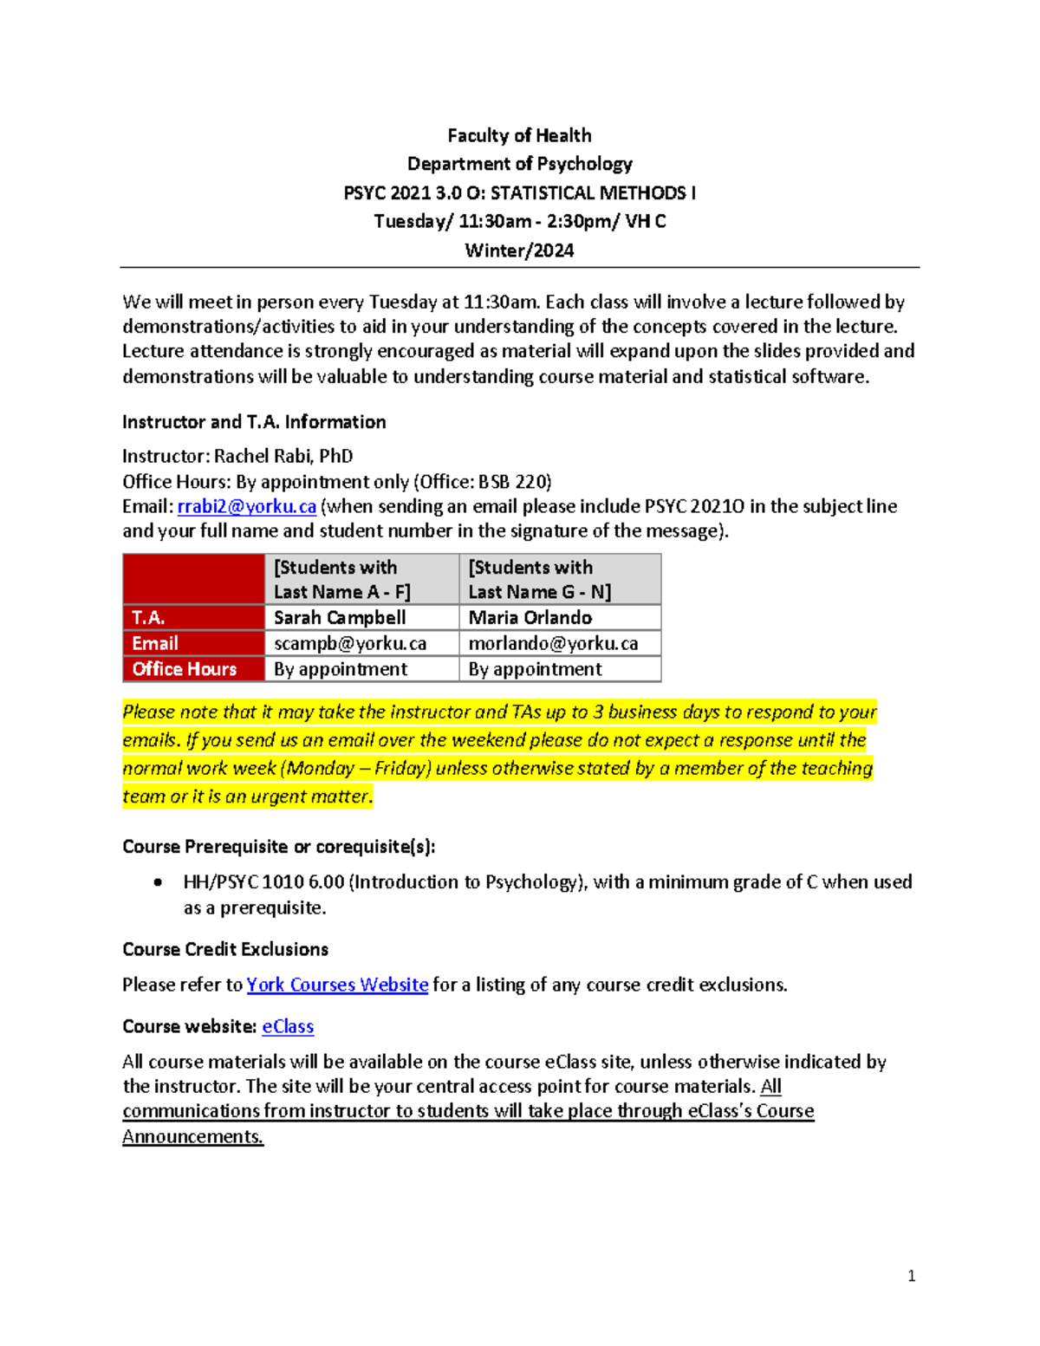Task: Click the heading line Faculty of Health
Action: tap(519, 135)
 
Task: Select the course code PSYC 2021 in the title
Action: tap(387, 192)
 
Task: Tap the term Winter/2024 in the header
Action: tap(519, 250)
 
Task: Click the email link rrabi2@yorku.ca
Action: tap(246, 506)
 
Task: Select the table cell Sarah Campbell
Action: tap(340, 617)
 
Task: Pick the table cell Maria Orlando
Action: tap(530, 617)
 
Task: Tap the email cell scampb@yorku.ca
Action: tap(350, 643)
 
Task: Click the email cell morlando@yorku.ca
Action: tap(553, 643)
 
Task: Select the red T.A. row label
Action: tap(148, 617)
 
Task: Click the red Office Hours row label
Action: tap(184, 669)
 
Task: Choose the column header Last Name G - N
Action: tap(539, 592)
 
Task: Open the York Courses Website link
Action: tap(337, 985)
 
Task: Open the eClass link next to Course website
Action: tap(288, 1026)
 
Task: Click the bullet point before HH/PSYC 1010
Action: tap(158, 882)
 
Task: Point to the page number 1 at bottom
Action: tap(911, 1275)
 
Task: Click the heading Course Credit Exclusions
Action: tap(225, 949)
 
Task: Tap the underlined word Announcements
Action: tap(192, 1136)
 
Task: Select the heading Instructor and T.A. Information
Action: tap(254, 422)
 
